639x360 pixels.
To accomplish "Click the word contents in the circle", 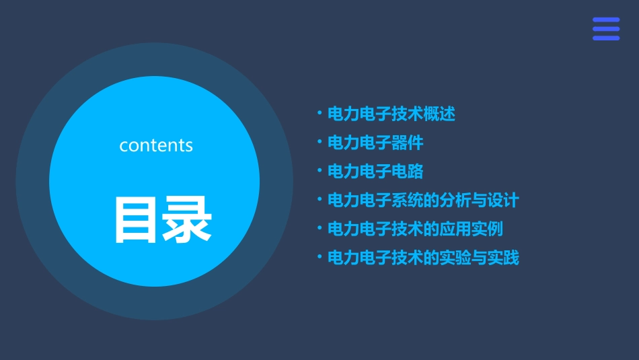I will point(156,145).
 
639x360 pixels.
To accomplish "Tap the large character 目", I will point(131,219).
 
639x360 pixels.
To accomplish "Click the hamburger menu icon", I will point(605,29).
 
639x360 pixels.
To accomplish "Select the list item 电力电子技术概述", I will point(391,114).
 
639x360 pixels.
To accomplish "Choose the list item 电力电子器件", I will point(375,143).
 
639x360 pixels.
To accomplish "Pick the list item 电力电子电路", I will point(375,172).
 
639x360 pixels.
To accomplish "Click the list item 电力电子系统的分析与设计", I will point(423,201).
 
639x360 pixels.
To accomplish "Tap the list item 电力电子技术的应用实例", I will point(415,229).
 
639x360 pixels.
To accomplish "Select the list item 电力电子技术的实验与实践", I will point(423,258).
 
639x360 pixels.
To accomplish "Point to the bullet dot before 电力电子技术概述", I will point(319,113).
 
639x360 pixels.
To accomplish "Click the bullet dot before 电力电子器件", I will point(319,142).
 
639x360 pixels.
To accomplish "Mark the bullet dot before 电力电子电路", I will point(319,171).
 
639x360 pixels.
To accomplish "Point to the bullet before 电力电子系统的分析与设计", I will point(319,199).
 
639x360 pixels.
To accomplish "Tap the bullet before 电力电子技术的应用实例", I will point(319,228).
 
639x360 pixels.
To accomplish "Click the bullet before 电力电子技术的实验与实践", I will point(319,257).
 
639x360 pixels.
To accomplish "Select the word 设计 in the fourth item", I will point(503,201).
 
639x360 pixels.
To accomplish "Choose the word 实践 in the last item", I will point(503,258).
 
